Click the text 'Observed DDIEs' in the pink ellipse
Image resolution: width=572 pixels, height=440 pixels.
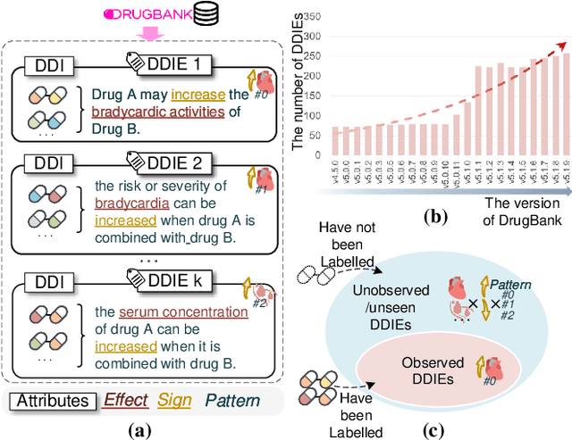pyautogui.click(x=433, y=369)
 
